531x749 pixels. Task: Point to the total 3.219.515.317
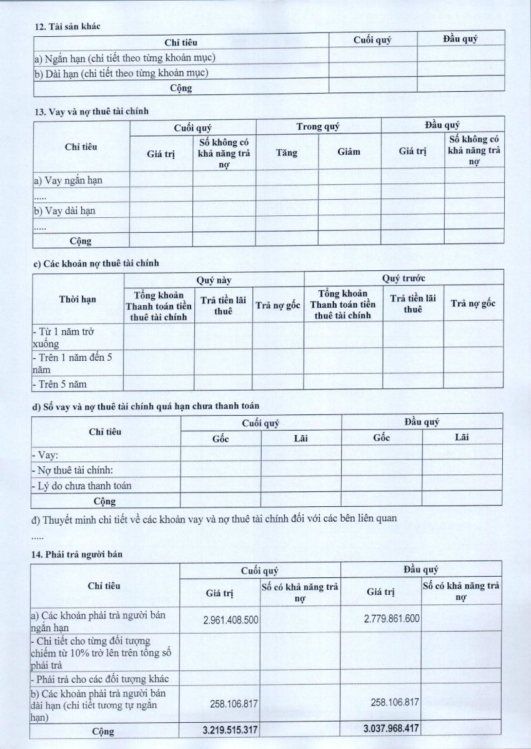point(231,729)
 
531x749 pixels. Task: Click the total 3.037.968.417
point(391,728)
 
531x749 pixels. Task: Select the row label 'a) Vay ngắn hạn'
point(67,180)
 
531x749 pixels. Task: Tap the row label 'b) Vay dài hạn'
point(64,210)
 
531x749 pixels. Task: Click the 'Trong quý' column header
point(318,127)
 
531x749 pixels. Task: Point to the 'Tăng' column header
point(286,152)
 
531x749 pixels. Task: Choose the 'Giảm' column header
point(349,152)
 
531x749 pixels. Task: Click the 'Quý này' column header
point(214,280)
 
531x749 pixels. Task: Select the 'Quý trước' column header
point(404,278)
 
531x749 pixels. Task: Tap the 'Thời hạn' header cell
point(77,299)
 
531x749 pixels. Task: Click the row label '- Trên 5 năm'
point(60,384)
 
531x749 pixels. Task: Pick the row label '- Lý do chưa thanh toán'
point(81,485)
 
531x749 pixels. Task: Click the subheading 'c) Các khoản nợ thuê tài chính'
point(96,263)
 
